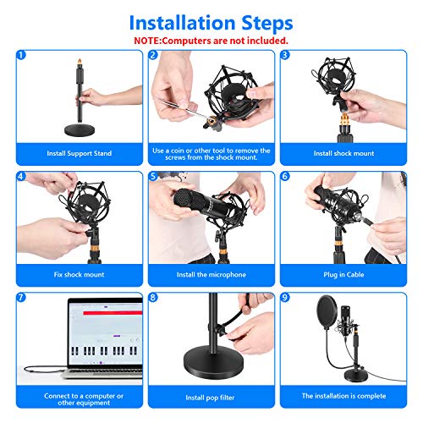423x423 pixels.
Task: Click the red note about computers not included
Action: [x=211, y=40]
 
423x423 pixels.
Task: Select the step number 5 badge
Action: [x=153, y=177]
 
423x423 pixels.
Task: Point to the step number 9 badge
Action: [x=285, y=299]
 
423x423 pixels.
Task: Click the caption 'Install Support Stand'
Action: [x=79, y=153]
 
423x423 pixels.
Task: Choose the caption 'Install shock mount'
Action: [x=343, y=153]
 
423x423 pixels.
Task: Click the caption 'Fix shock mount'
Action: [x=79, y=275]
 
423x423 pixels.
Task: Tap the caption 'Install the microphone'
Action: [x=211, y=275]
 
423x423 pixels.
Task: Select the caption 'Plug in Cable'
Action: [x=343, y=275]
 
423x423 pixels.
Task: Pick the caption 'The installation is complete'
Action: [x=343, y=396]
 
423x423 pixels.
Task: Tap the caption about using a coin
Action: [x=211, y=153]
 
